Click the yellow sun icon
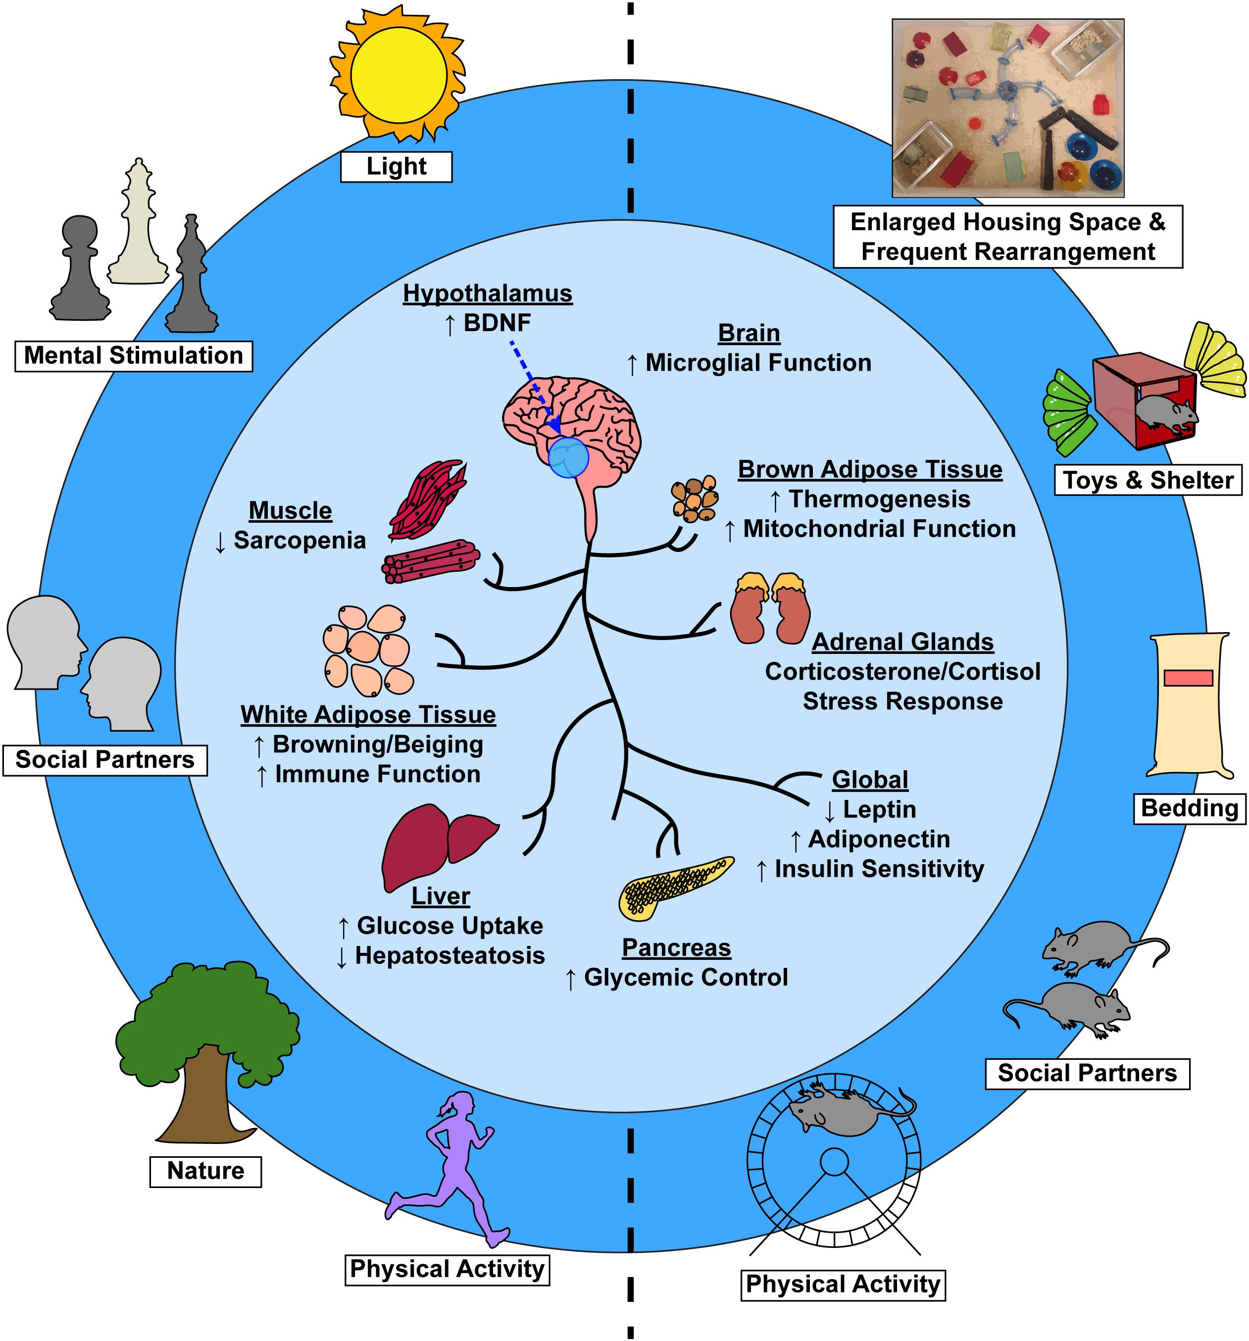[x=398, y=74]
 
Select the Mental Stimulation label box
[x=134, y=355]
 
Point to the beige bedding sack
[x=1190, y=705]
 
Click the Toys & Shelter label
[x=1148, y=480]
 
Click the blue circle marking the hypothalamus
[x=568, y=457]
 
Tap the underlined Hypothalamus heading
[x=488, y=294]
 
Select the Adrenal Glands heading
[x=902, y=642]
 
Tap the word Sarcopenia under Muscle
[x=300, y=541]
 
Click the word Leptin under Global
[x=879, y=809]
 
